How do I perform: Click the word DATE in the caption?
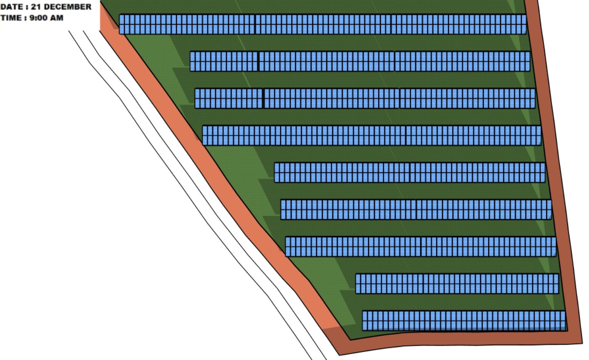tap(12, 7)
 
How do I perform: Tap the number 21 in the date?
tap(36, 7)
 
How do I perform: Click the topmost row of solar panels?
tap(323, 24)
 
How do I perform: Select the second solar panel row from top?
tap(360, 61)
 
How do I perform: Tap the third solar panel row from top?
tap(365, 98)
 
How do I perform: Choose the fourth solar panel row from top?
tap(372, 136)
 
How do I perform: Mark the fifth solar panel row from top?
tap(410, 173)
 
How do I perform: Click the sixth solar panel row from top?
tap(416, 210)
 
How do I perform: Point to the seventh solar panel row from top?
tap(421, 247)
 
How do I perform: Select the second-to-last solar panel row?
tap(457, 284)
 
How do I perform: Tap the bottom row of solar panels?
tap(464, 321)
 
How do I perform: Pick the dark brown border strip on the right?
tap(555, 171)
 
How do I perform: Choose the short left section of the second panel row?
tap(224, 61)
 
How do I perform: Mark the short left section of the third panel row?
tap(229, 98)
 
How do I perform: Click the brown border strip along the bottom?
tap(460, 339)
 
